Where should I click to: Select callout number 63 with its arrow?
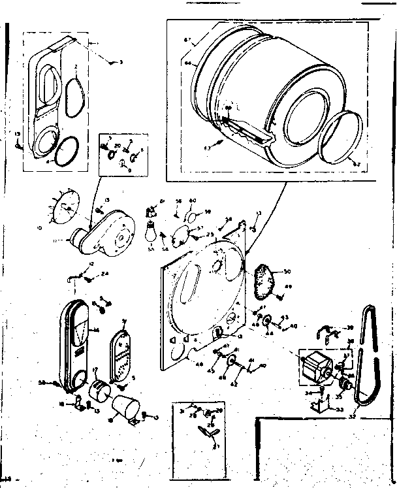208,148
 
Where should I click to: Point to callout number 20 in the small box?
118,146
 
